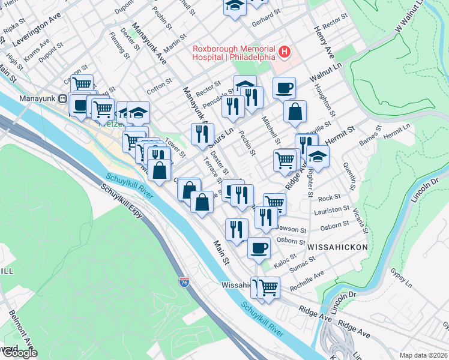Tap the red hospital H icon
click(285, 53)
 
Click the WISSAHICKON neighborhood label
click(333, 247)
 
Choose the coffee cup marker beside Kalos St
click(259, 247)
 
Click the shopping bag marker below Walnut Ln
click(295, 112)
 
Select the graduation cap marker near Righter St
click(318, 157)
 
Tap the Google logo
click(20, 353)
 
